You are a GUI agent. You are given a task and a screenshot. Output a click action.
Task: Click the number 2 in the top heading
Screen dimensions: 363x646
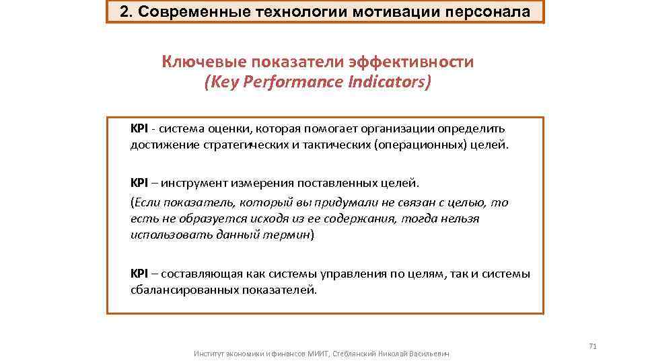pyautogui.click(x=124, y=11)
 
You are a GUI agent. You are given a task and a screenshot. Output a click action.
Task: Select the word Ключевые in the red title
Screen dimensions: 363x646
pyautogui.click(x=204, y=62)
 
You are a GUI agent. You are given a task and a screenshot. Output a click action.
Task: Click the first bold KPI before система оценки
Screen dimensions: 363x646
pyautogui.click(x=139, y=128)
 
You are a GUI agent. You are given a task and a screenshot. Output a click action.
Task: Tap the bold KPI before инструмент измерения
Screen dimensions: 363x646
pyautogui.click(x=139, y=183)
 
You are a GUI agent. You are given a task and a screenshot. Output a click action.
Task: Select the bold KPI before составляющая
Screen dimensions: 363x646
pyautogui.click(x=139, y=274)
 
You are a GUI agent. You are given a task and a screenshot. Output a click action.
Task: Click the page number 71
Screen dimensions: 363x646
pyautogui.click(x=593, y=346)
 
